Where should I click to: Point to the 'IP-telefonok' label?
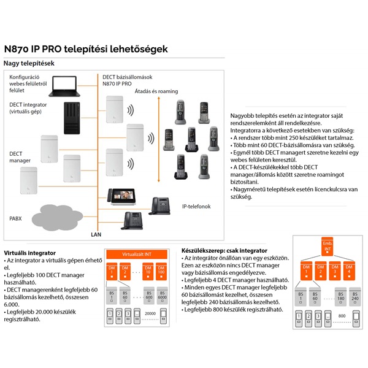(x=196, y=207)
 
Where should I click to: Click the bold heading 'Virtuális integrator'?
(x=29, y=253)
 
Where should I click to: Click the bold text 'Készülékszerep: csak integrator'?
(x=224, y=251)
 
